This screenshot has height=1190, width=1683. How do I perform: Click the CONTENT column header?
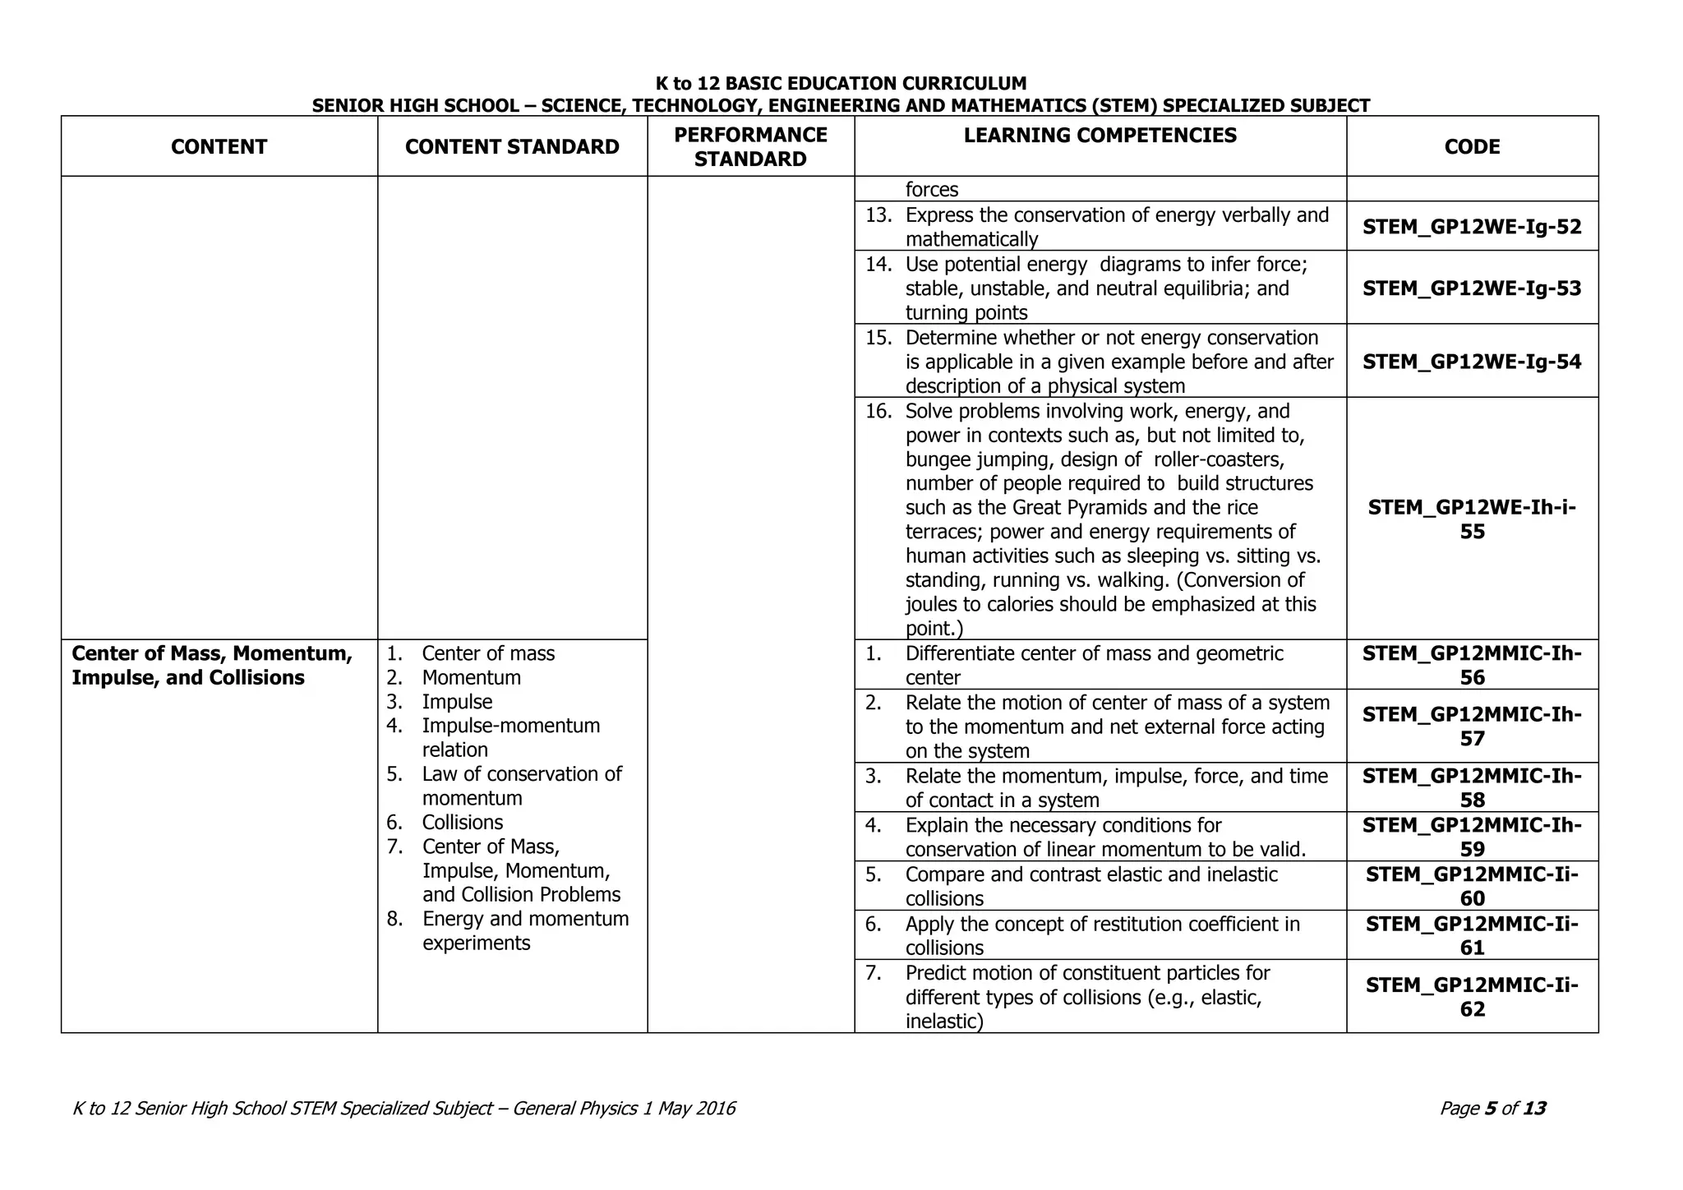point(219,146)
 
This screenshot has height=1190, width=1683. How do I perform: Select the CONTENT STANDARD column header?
point(512,146)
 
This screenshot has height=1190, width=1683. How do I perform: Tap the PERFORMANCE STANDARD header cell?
point(750,146)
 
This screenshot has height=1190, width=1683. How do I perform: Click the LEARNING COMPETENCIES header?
point(1100,136)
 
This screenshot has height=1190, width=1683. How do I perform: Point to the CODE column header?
point(1472,146)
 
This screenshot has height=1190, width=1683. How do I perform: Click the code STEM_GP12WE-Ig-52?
point(1472,227)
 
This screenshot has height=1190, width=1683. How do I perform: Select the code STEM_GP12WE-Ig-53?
point(1472,288)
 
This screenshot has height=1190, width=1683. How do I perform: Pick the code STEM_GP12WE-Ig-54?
point(1472,362)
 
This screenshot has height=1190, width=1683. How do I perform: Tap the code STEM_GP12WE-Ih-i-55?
point(1472,519)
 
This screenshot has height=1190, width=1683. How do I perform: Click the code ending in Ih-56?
point(1472,665)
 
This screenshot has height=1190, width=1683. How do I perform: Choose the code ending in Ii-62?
point(1472,996)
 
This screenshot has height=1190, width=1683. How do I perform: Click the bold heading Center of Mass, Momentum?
point(212,653)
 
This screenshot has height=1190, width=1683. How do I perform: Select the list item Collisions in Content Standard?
point(462,823)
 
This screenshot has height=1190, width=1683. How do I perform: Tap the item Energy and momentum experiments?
point(524,930)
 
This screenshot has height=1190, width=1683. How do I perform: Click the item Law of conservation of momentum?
point(521,786)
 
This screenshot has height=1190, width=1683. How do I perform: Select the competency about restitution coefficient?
point(1101,935)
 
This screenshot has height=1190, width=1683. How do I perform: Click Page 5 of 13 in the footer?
point(1492,1109)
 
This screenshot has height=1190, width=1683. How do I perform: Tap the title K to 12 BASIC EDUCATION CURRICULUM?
point(841,84)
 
